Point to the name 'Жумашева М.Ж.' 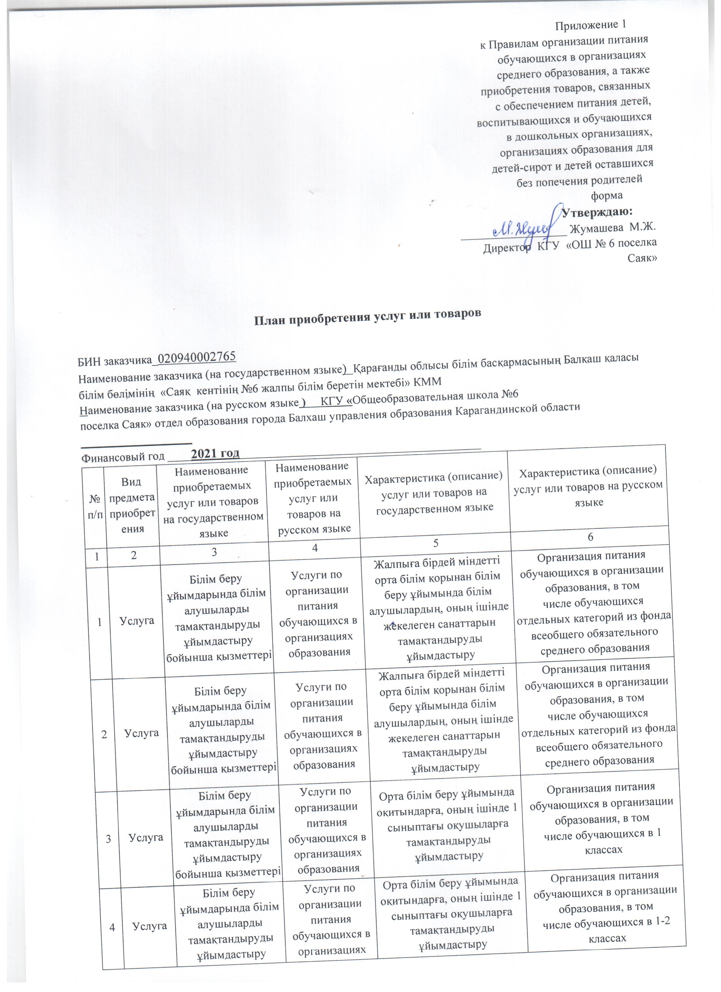(x=613, y=228)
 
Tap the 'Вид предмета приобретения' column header (x=132, y=505)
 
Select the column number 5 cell (x=435, y=543)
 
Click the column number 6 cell (x=590, y=537)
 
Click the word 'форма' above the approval (x=607, y=196)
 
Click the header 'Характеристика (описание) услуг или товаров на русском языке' (x=588, y=486)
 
